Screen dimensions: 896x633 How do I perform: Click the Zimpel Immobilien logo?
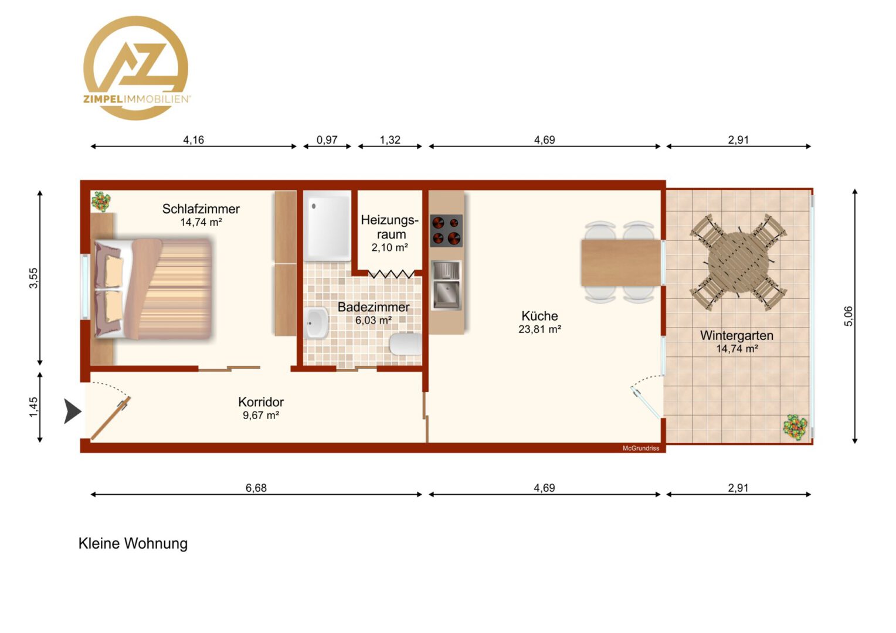click(136, 68)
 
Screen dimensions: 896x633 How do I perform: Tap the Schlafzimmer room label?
click(201, 209)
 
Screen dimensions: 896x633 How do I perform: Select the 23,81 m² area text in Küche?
click(539, 329)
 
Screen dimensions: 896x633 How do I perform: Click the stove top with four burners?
click(446, 231)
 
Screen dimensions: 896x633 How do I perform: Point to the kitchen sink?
click(446, 285)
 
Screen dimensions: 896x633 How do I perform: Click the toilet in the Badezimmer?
click(406, 344)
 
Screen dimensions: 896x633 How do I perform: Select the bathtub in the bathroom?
click(327, 226)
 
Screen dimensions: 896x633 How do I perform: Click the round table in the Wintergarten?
click(738, 263)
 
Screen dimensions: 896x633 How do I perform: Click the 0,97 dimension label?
click(327, 140)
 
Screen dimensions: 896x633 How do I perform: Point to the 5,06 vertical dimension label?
click(849, 316)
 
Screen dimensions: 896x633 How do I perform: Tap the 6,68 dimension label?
click(256, 488)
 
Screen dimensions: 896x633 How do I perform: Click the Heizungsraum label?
click(390, 227)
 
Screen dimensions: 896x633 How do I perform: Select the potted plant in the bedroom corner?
click(101, 201)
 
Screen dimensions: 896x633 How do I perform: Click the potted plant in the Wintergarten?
click(795, 427)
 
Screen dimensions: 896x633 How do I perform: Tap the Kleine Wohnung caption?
click(133, 543)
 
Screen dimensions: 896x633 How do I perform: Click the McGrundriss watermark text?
click(641, 448)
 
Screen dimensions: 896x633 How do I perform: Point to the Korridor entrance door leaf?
click(111, 418)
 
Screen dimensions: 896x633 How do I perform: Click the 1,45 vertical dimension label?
click(33, 407)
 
